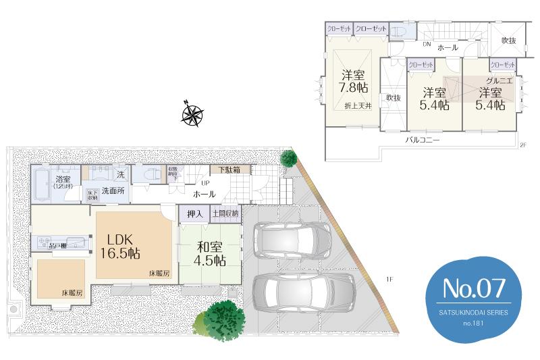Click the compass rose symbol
click(193, 114)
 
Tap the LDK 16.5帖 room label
click(121, 247)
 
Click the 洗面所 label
click(113, 191)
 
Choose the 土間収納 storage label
click(225, 214)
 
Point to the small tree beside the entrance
click(288, 159)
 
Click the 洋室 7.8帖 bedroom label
click(354, 80)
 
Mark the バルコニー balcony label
click(423, 140)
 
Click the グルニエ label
click(500, 80)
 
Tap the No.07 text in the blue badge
click(473, 288)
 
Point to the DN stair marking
click(427, 45)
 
